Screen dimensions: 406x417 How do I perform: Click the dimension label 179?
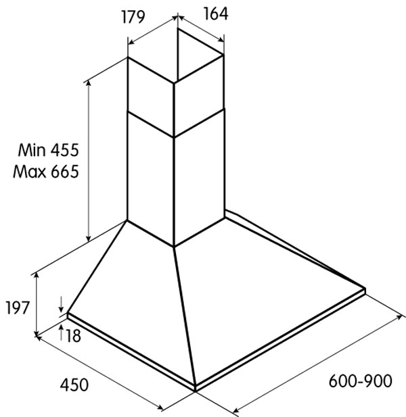(133, 17)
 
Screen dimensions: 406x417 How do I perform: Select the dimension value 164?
(216, 14)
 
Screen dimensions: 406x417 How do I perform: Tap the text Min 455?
(49, 150)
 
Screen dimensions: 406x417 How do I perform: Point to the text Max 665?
(46, 171)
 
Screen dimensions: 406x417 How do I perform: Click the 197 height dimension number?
(17, 308)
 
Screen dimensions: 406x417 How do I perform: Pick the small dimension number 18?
(72, 336)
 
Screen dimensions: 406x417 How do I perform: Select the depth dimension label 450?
(74, 385)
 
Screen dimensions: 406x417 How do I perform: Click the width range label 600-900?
(360, 381)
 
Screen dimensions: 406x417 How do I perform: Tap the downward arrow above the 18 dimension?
(61, 304)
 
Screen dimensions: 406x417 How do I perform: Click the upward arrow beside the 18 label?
(61, 332)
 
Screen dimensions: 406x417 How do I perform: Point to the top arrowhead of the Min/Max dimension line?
(89, 82)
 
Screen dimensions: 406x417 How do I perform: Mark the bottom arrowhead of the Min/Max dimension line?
(89, 239)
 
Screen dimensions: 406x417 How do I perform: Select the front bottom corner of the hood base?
(195, 390)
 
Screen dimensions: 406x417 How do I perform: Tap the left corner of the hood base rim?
(68, 314)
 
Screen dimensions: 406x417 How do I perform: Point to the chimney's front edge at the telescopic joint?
(174, 137)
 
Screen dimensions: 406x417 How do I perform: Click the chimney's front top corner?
(174, 83)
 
